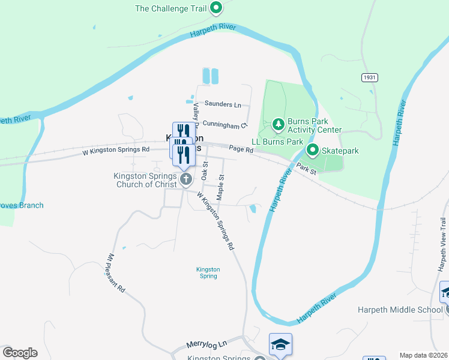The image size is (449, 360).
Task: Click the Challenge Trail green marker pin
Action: [x=216, y=8]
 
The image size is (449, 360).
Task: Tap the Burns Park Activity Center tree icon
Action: [x=278, y=125]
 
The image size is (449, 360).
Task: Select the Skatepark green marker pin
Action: [x=312, y=150]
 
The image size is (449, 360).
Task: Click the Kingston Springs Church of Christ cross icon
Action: [x=186, y=178]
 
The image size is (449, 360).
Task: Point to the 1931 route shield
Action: [x=369, y=78]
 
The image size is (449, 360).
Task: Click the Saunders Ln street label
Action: [x=222, y=104]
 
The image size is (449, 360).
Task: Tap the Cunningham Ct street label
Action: [x=225, y=124]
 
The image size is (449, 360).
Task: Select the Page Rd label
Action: [x=241, y=149]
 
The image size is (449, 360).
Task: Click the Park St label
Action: [x=306, y=170]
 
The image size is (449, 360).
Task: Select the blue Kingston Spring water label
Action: [x=208, y=273]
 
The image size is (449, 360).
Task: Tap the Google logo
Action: [x=20, y=353]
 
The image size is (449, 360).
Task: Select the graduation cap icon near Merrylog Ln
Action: [x=280, y=344]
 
